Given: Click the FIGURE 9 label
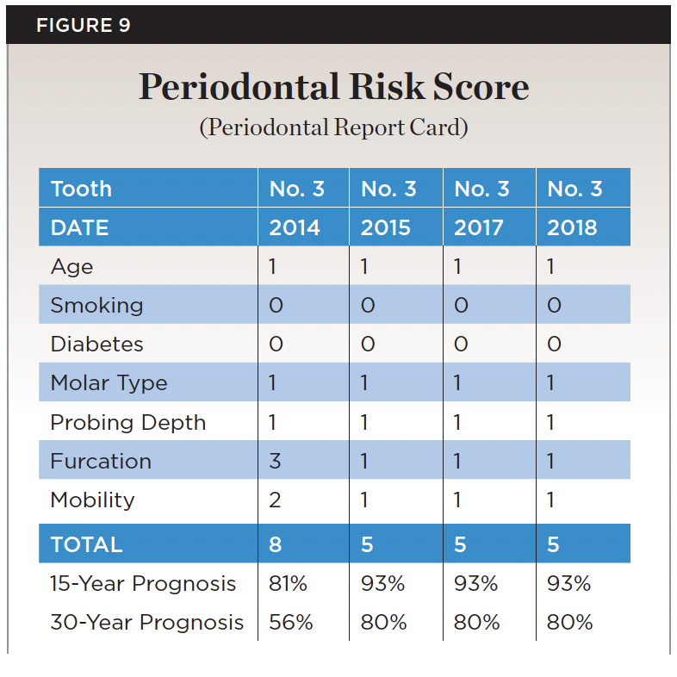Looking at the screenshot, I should [x=83, y=25].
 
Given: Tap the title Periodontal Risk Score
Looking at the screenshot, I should [x=333, y=87].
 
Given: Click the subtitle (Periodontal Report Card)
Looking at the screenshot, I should [x=333, y=128].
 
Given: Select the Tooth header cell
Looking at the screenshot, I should [x=81, y=189].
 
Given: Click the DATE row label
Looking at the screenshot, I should [x=79, y=227].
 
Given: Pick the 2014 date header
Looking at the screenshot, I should [x=295, y=227].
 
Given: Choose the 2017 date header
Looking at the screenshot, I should [x=480, y=227].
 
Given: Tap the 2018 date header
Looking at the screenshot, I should [x=573, y=227].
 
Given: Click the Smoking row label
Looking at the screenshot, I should [x=96, y=306].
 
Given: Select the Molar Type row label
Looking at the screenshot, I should [x=109, y=383].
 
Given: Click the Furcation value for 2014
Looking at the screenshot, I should [x=275, y=461].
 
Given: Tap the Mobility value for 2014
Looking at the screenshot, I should [x=275, y=500].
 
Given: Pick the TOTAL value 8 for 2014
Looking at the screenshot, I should [x=275, y=544].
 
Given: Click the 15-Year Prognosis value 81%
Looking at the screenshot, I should [x=288, y=583].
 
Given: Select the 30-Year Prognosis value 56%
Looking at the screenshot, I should [x=290, y=622].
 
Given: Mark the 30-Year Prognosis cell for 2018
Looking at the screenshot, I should [x=569, y=622].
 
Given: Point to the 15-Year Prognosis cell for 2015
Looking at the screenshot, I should [x=382, y=583].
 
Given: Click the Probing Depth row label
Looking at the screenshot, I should [x=127, y=422].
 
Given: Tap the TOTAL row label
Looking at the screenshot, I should [x=86, y=544].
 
